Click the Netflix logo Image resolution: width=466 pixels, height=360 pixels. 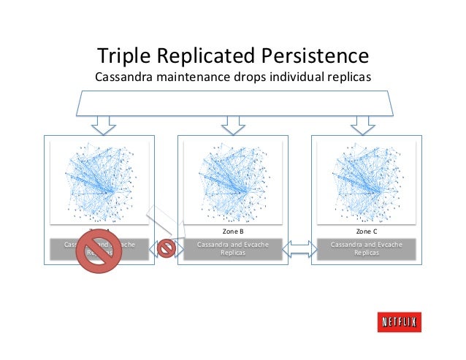[x=399, y=322]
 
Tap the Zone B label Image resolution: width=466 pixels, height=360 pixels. [x=232, y=231]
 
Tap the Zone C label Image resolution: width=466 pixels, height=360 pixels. [x=366, y=231]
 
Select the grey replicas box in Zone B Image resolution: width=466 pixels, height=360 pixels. [x=232, y=248]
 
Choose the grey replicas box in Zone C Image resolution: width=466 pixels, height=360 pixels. [x=366, y=248]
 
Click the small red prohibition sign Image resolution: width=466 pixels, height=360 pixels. [x=167, y=248]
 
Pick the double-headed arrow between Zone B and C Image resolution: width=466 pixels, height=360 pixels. [x=299, y=248]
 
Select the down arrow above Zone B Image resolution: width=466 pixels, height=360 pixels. [x=232, y=126]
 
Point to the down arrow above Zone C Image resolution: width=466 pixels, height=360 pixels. [x=361, y=126]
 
